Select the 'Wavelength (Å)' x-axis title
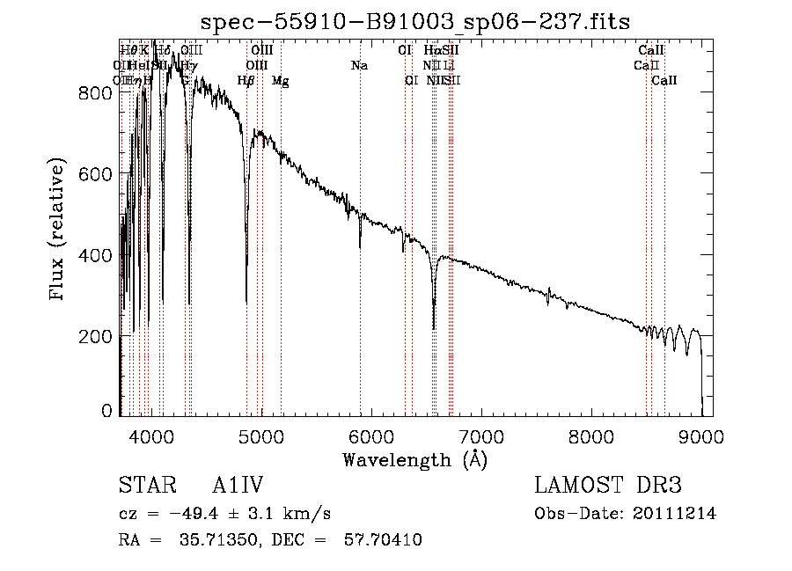click(414, 459)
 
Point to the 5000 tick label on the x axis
click(260, 436)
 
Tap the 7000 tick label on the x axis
click(480, 436)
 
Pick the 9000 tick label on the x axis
click(700, 436)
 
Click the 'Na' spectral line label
click(359, 65)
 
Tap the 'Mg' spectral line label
click(280, 81)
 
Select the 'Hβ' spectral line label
click(246, 81)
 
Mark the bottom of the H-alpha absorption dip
click(434, 328)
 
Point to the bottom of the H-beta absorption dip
click(246, 302)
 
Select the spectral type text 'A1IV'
click(238, 487)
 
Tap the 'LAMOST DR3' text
click(608, 487)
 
